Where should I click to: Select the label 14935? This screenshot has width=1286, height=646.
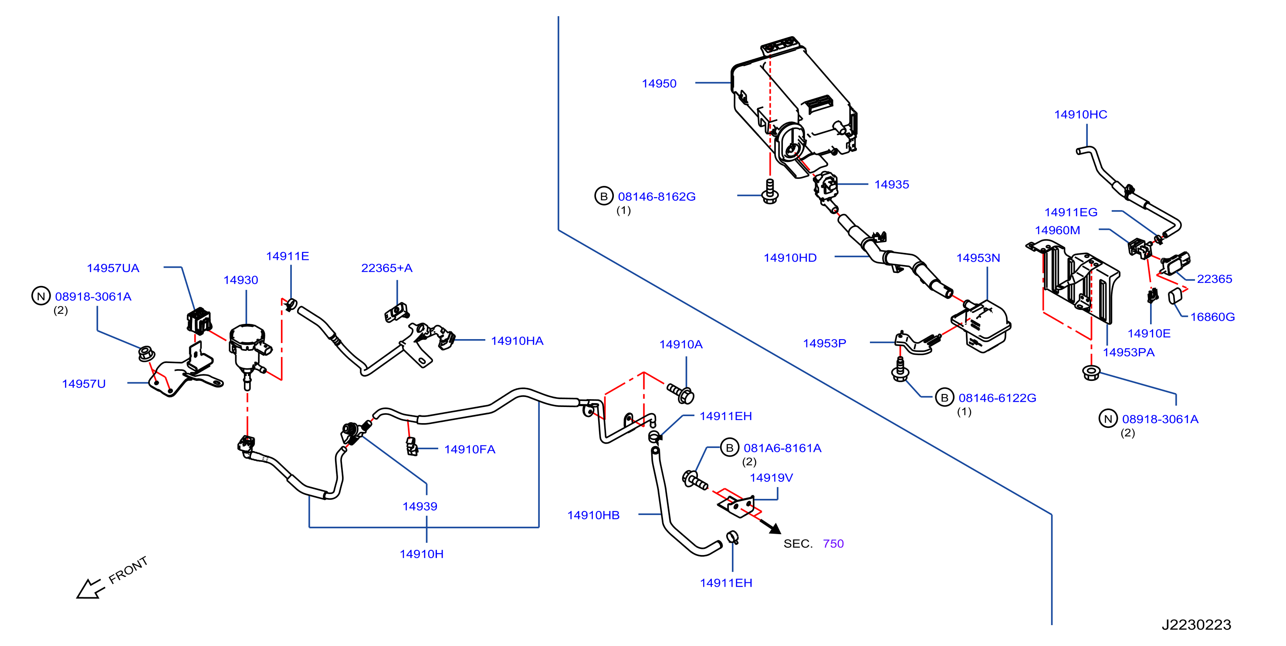pos(892,185)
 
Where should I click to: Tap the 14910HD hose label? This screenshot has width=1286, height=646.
pos(790,258)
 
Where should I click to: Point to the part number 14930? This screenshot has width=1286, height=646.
pos(240,280)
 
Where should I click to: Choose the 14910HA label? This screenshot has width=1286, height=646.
pos(517,341)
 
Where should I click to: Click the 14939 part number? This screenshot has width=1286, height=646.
pos(420,506)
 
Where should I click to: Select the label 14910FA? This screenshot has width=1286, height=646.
pos(470,449)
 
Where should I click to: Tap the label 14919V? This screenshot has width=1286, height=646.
pos(772,478)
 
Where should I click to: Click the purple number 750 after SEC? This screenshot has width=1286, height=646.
pos(833,544)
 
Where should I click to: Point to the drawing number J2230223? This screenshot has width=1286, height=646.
pos(1197,625)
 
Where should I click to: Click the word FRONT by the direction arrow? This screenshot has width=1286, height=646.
pos(129,570)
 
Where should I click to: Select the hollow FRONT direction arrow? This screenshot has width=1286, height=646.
pos(90,589)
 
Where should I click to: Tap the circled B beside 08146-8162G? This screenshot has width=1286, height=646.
pos(603,196)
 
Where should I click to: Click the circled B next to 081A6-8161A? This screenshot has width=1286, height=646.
pos(729,447)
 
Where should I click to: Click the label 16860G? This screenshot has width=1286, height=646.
pos(1213,317)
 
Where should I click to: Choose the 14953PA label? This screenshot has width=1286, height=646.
pos(1129,352)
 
